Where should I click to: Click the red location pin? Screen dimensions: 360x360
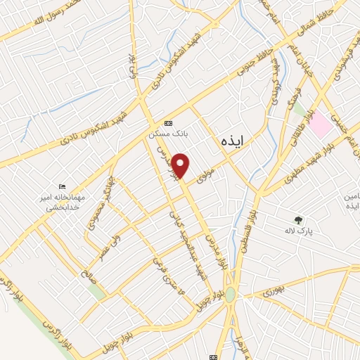click(x=181, y=166)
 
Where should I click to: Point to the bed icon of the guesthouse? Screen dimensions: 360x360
click(x=62, y=186)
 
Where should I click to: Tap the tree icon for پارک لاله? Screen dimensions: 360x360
click(x=299, y=220)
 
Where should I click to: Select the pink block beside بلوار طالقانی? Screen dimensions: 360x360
click(x=321, y=124)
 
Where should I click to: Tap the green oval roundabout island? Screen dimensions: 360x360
click(x=230, y=295)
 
